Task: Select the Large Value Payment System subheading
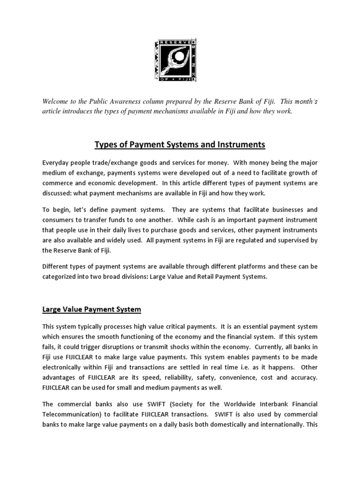coord(91,310)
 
